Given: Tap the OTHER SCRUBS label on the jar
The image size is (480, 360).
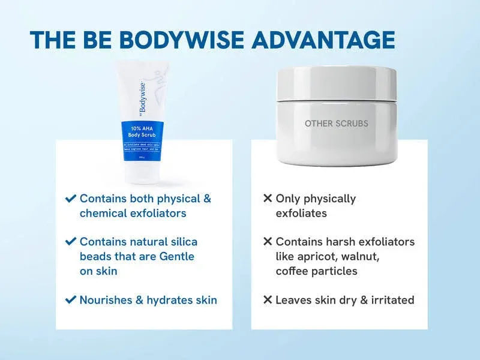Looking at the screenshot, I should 337,124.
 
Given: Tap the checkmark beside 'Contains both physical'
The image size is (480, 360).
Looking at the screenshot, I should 71,198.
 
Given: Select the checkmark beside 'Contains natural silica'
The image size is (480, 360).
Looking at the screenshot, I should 71,242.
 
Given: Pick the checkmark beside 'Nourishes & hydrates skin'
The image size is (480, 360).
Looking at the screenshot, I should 71,299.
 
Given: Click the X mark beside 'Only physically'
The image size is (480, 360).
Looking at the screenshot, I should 268,198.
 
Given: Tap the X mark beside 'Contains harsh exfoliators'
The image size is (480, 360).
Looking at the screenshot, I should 268,242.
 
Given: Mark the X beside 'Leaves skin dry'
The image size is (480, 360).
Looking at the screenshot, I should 268,299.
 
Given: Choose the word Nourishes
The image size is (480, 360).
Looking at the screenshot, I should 106,299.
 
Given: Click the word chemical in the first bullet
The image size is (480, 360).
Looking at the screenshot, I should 101,213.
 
